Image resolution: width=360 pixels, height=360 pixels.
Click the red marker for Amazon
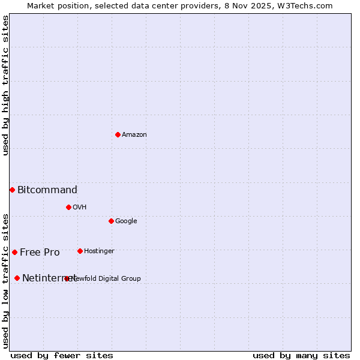[118, 134]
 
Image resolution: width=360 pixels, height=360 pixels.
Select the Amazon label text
[134, 134]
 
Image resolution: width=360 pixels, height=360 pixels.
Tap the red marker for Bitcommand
[12, 190]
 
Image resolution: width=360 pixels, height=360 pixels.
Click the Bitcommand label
[47, 190]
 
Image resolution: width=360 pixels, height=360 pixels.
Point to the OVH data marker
[68, 207]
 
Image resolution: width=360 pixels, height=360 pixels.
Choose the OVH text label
[80, 207]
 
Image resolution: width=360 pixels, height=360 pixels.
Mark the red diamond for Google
[111, 221]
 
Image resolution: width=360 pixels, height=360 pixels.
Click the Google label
[126, 221]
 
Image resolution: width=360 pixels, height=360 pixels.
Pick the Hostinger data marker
[80, 251]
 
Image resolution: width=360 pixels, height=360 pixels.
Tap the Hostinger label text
[99, 251]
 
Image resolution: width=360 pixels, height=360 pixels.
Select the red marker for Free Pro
[14, 252]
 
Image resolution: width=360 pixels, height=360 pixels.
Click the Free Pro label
[40, 253]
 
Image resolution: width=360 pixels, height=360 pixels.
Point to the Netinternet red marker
[17, 278]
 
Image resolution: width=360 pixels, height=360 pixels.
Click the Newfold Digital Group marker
[67, 278]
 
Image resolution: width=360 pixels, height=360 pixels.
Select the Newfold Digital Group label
[107, 278]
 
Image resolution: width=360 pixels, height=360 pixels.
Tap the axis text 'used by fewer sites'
[62, 355]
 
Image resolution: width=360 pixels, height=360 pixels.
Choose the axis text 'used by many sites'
[301, 355]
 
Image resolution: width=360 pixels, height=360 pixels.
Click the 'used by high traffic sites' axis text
[6, 85]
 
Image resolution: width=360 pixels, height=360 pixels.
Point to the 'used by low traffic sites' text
[6, 280]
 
